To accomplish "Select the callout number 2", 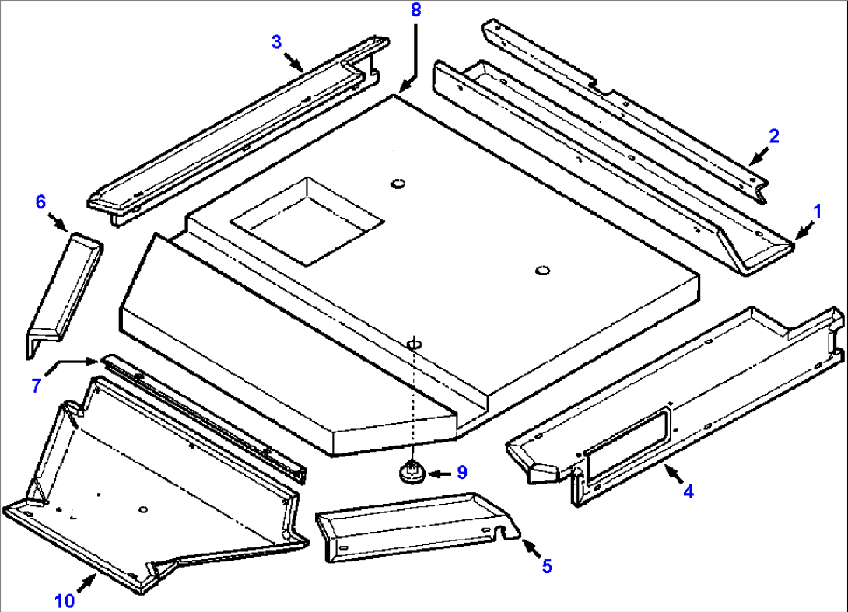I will pyautogui.click(x=773, y=135).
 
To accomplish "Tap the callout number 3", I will pyautogui.click(x=276, y=42).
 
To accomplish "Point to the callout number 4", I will pyautogui.click(x=688, y=491).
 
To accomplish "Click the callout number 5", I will pyautogui.click(x=547, y=567).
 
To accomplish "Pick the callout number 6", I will pyautogui.click(x=40, y=202).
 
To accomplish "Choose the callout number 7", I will pyautogui.click(x=37, y=384).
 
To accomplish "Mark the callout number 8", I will pyautogui.click(x=415, y=10).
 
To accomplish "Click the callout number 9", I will pyautogui.click(x=461, y=472).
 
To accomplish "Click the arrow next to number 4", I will pyautogui.click(x=672, y=471).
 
